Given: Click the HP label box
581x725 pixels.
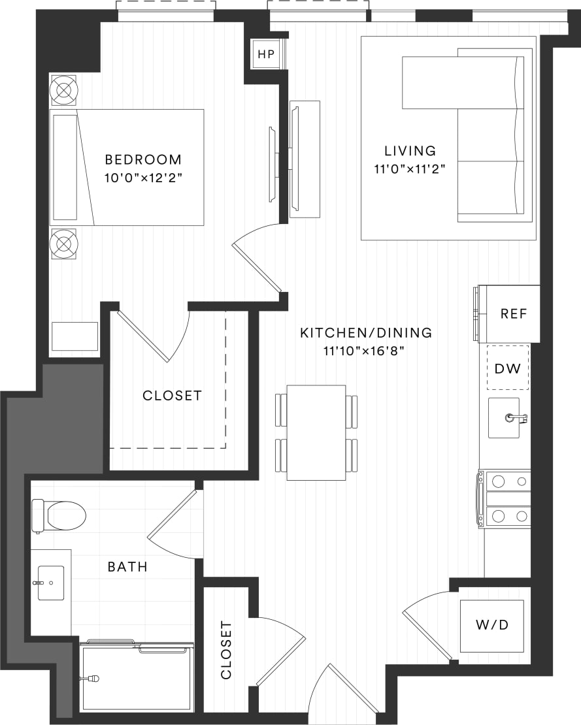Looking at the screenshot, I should (x=266, y=54).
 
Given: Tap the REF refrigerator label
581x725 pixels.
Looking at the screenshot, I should (x=513, y=314).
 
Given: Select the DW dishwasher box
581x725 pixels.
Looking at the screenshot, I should (x=507, y=368).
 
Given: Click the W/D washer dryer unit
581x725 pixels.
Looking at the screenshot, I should (x=491, y=625).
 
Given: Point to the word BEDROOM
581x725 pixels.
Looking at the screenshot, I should (x=143, y=159).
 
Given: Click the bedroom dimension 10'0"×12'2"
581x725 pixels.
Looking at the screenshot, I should (x=143, y=178).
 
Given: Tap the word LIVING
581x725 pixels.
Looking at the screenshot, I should (x=410, y=152).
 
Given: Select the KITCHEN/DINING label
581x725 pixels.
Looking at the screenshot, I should (x=366, y=332).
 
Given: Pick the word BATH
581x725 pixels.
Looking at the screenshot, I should (x=127, y=567).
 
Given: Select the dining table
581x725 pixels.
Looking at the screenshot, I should (x=316, y=432).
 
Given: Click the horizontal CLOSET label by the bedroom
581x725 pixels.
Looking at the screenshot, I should (x=172, y=396).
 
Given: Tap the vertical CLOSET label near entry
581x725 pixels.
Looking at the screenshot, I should (x=226, y=650).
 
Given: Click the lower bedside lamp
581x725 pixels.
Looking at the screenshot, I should (x=64, y=243).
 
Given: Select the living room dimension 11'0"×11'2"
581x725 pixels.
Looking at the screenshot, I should (x=410, y=170).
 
